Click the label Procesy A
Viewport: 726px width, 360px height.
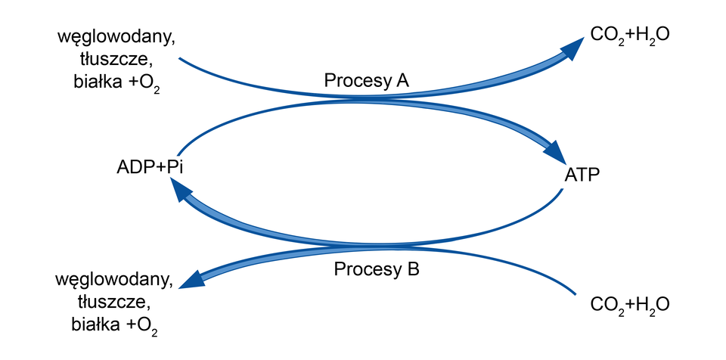[366, 80]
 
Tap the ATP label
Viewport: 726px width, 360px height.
[583, 175]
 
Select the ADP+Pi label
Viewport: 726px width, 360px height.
[150, 166]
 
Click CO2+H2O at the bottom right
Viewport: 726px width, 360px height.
[629, 305]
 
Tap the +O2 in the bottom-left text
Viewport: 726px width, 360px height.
[144, 327]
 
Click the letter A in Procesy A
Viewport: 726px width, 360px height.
[402, 80]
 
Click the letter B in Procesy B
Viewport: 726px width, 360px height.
[412, 268]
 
